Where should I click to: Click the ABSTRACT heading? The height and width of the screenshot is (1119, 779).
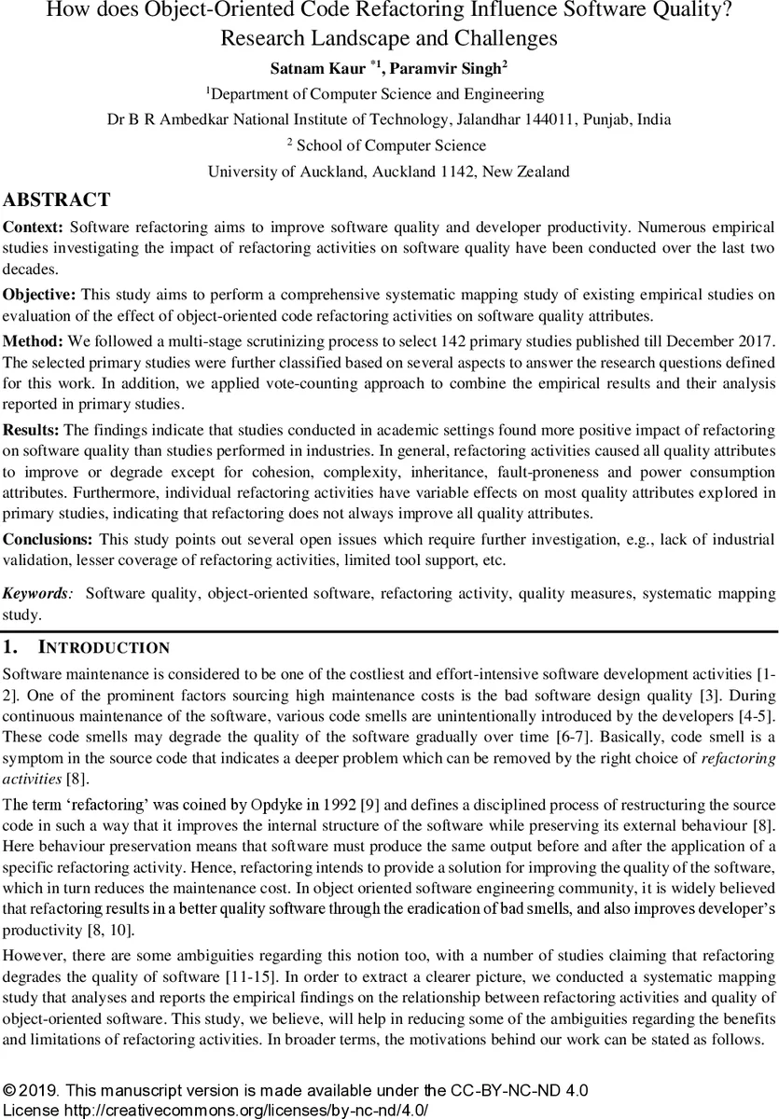coord(57,200)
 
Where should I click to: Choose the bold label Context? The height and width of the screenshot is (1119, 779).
coord(34,228)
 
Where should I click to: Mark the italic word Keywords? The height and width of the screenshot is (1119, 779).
coord(35,593)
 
